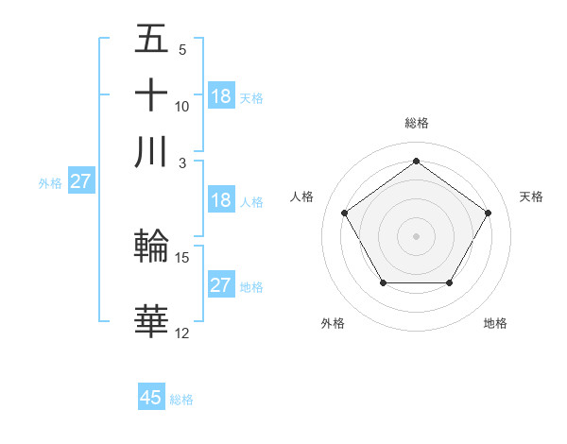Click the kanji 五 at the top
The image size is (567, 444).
point(151,41)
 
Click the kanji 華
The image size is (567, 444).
point(151,322)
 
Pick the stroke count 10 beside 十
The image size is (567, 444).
point(182,106)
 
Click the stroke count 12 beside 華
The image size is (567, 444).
point(182,333)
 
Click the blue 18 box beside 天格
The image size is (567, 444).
point(221,96)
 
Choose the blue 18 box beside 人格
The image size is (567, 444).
point(221,200)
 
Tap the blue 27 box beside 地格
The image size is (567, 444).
point(221,285)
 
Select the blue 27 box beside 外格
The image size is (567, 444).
point(80,181)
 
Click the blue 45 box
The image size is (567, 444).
point(151,398)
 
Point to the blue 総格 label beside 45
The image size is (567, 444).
point(182,400)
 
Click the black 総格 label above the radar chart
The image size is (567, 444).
point(416,123)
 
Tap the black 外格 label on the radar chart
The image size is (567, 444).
point(333,323)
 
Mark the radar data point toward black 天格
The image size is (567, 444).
point(488,213)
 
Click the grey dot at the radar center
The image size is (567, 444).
point(416,235)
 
